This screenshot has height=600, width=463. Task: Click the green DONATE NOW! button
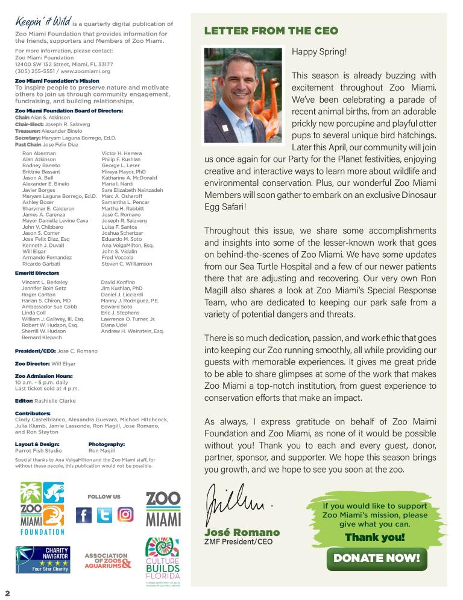pos(376,558)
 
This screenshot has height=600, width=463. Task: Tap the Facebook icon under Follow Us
pos(84,515)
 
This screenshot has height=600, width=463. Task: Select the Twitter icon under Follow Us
pos(104,515)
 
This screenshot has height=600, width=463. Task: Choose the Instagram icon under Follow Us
pos(125,515)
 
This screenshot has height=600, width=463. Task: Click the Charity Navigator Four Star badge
pos(43,560)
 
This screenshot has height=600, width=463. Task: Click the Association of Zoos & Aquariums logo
pos(107,561)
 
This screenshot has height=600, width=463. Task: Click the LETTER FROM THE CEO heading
pos(271,31)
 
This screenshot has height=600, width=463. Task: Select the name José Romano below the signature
pos(242,532)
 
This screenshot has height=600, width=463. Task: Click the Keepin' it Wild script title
pos(37,22)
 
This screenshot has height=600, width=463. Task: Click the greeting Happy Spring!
pos(319,51)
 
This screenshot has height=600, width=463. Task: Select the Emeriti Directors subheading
pos(37,273)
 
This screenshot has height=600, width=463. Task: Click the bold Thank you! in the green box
pos(374,537)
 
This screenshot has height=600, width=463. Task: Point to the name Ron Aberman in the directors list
pos(39,154)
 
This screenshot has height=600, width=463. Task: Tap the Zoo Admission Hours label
pos(43,376)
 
